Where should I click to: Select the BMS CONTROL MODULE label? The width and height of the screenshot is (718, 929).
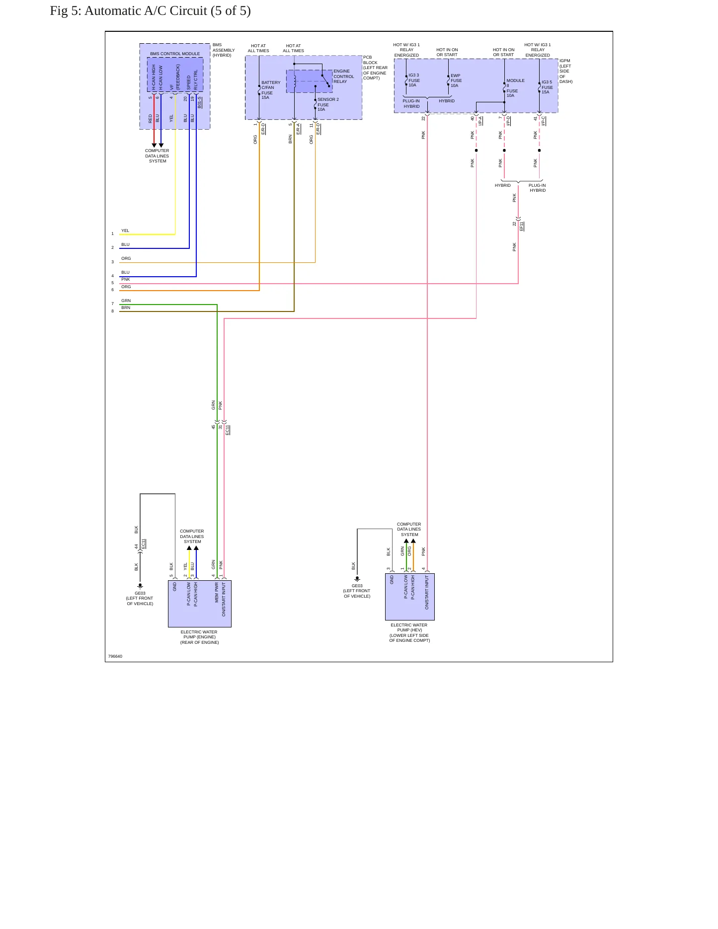175,54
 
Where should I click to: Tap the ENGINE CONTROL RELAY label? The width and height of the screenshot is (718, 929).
344,77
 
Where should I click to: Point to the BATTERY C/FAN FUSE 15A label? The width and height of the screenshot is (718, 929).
271,90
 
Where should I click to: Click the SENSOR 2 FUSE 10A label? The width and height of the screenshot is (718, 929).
328,104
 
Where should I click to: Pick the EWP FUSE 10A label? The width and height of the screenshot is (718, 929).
456,80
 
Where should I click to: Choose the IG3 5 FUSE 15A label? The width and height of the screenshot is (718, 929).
547,87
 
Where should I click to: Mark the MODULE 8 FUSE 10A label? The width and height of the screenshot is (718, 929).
515,88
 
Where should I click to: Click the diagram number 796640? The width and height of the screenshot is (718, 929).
115,656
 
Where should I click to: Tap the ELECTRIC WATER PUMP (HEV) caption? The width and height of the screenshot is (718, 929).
409,633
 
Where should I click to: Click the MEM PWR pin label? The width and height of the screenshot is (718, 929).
217,593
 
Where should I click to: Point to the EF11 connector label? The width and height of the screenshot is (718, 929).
521,226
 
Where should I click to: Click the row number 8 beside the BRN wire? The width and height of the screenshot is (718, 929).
112,311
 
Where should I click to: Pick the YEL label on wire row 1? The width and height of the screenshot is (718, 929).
125,231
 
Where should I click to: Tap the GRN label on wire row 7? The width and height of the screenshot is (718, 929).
126,301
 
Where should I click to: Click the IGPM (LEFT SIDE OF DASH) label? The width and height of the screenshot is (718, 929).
566,71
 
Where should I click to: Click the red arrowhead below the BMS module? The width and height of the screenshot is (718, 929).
154,146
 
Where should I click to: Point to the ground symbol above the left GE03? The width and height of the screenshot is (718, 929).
140,586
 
